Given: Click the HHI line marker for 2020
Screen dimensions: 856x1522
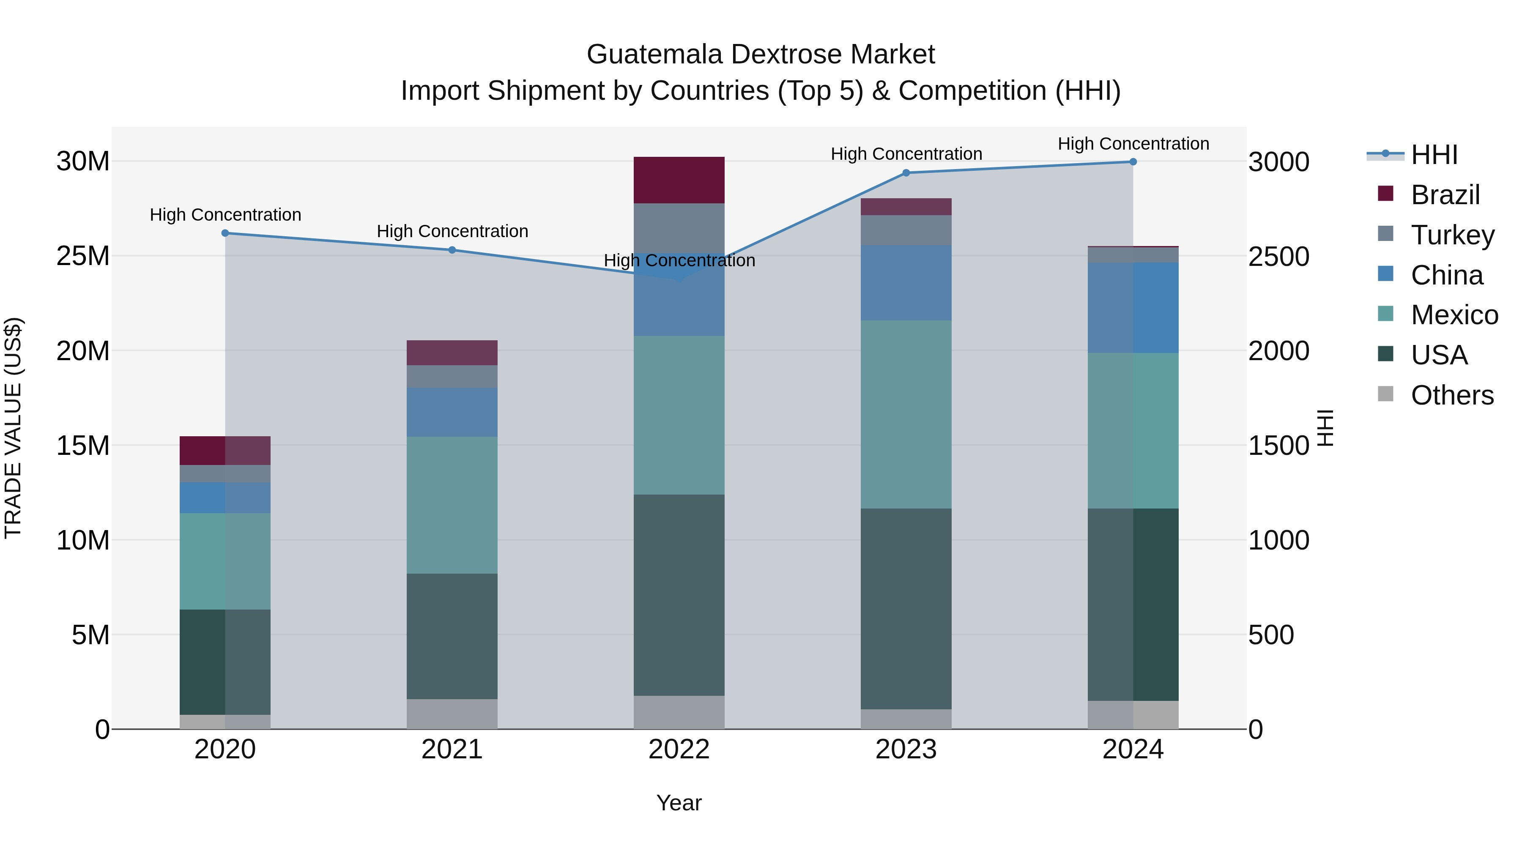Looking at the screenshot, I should tap(225, 233).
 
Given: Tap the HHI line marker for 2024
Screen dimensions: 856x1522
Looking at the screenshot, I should tap(1133, 162).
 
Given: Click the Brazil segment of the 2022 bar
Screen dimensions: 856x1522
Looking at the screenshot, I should tap(679, 180).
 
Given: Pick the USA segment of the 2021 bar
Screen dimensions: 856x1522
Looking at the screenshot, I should tap(452, 636).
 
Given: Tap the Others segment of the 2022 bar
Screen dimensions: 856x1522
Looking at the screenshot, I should tap(679, 712).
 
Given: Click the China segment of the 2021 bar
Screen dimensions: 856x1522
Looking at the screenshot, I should tap(452, 412).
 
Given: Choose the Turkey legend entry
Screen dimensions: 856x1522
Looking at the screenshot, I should tap(1452, 235).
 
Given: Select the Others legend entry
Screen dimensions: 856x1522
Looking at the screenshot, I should tap(1452, 395).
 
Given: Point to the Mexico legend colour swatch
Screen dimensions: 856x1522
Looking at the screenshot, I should tap(1385, 314).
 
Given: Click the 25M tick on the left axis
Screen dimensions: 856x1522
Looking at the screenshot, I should tap(83, 257).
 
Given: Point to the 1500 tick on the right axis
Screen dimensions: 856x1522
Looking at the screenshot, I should tap(1278, 446).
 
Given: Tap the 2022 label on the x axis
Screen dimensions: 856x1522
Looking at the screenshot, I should tap(679, 749).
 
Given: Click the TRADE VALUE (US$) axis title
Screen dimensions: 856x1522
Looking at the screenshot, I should tap(14, 428).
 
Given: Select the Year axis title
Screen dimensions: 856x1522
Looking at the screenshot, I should tap(679, 803).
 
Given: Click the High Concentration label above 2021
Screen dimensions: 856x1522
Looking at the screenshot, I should tap(452, 232).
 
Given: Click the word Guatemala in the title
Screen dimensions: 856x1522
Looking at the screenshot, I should tap(654, 55).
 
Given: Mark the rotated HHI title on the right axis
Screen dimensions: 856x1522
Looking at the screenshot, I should tap(1325, 428).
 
